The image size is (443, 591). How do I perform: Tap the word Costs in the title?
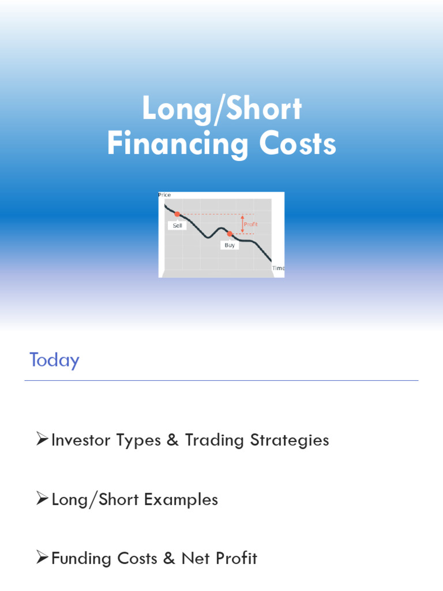pyautogui.click(x=298, y=143)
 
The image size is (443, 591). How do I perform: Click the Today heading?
pyautogui.click(x=55, y=360)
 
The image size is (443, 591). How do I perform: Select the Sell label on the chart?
pyautogui.click(x=177, y=226)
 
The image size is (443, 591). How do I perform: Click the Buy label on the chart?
pyautogui.click(x=230, y=245)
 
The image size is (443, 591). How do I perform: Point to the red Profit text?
pyautogui.click(x=250, y=225)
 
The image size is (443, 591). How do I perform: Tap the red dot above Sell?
pyautogui.click(x=177, y=214)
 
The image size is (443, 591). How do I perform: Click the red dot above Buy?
pyautogui.click(x=230, y=234)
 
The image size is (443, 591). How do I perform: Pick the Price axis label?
pyautogui.click(x=164, y=195)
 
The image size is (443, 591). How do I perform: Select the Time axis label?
pyautogui.click(x=279, y=268)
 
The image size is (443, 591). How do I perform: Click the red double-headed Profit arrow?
pyautogui.click(x=242, y=224)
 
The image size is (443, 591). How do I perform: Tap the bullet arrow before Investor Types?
pyautogui.click(x=42, y=439)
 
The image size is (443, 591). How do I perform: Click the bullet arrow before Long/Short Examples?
pyautogui.click(x=42, y=498)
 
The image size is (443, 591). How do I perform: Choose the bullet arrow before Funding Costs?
pyautogui.click(x=42, y=557)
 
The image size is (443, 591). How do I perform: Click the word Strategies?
pyautogui.click(x=290, y=440)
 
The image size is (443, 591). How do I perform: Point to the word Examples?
pyautogui.click(x=181, y=499)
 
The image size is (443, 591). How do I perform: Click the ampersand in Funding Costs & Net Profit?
pyautogui.click(x=169, y=558)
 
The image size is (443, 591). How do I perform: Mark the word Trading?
pyautogui.click(x=215, y=440)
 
